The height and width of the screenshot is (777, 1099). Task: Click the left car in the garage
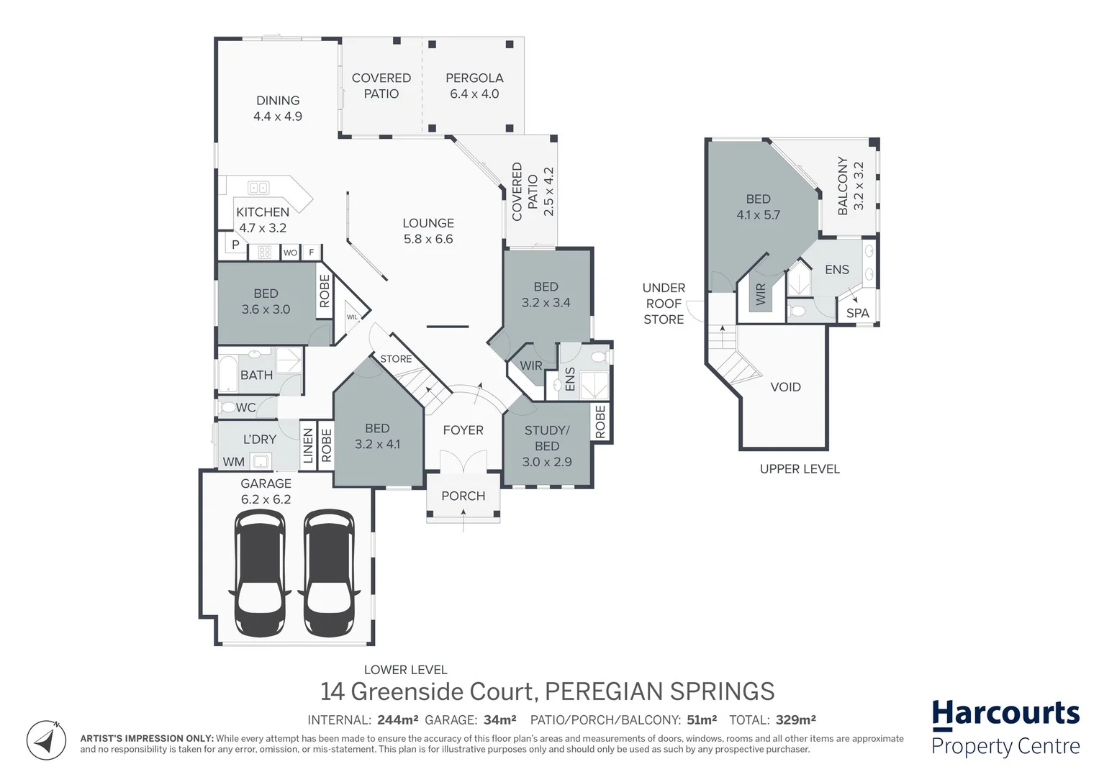[x=260, y=573]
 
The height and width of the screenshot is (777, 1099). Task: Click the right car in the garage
[x=329, y=573]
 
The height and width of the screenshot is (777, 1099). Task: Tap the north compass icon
[x=47, y=740]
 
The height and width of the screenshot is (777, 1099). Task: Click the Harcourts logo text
[x=1005, y=714]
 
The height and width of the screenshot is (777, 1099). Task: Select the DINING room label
[x=278, y=101]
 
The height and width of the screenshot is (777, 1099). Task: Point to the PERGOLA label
[x=474, y=78]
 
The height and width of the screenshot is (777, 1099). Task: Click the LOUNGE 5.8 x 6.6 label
[x=428, y=231]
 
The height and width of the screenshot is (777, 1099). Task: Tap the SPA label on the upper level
[x=857, y=313]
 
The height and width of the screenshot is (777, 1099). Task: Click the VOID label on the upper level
[x=785, y=387]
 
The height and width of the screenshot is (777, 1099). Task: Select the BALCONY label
[x=843, y=186]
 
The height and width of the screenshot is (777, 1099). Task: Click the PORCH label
[x=463, y=496]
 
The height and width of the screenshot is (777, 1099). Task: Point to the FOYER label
[x=463, y=430]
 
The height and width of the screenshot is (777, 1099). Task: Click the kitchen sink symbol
[x=258, y=188]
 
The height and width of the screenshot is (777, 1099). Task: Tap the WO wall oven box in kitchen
[x=290, y=253]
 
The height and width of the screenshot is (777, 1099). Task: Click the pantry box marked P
[x=235, y=245]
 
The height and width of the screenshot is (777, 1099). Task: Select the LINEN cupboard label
[x=308, y=445]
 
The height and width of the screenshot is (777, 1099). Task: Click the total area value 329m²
[x=795, y=719]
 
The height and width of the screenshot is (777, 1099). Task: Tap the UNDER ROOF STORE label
[x=664, y=304]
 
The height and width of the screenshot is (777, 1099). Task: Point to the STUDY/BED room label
[x=547, y=438]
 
